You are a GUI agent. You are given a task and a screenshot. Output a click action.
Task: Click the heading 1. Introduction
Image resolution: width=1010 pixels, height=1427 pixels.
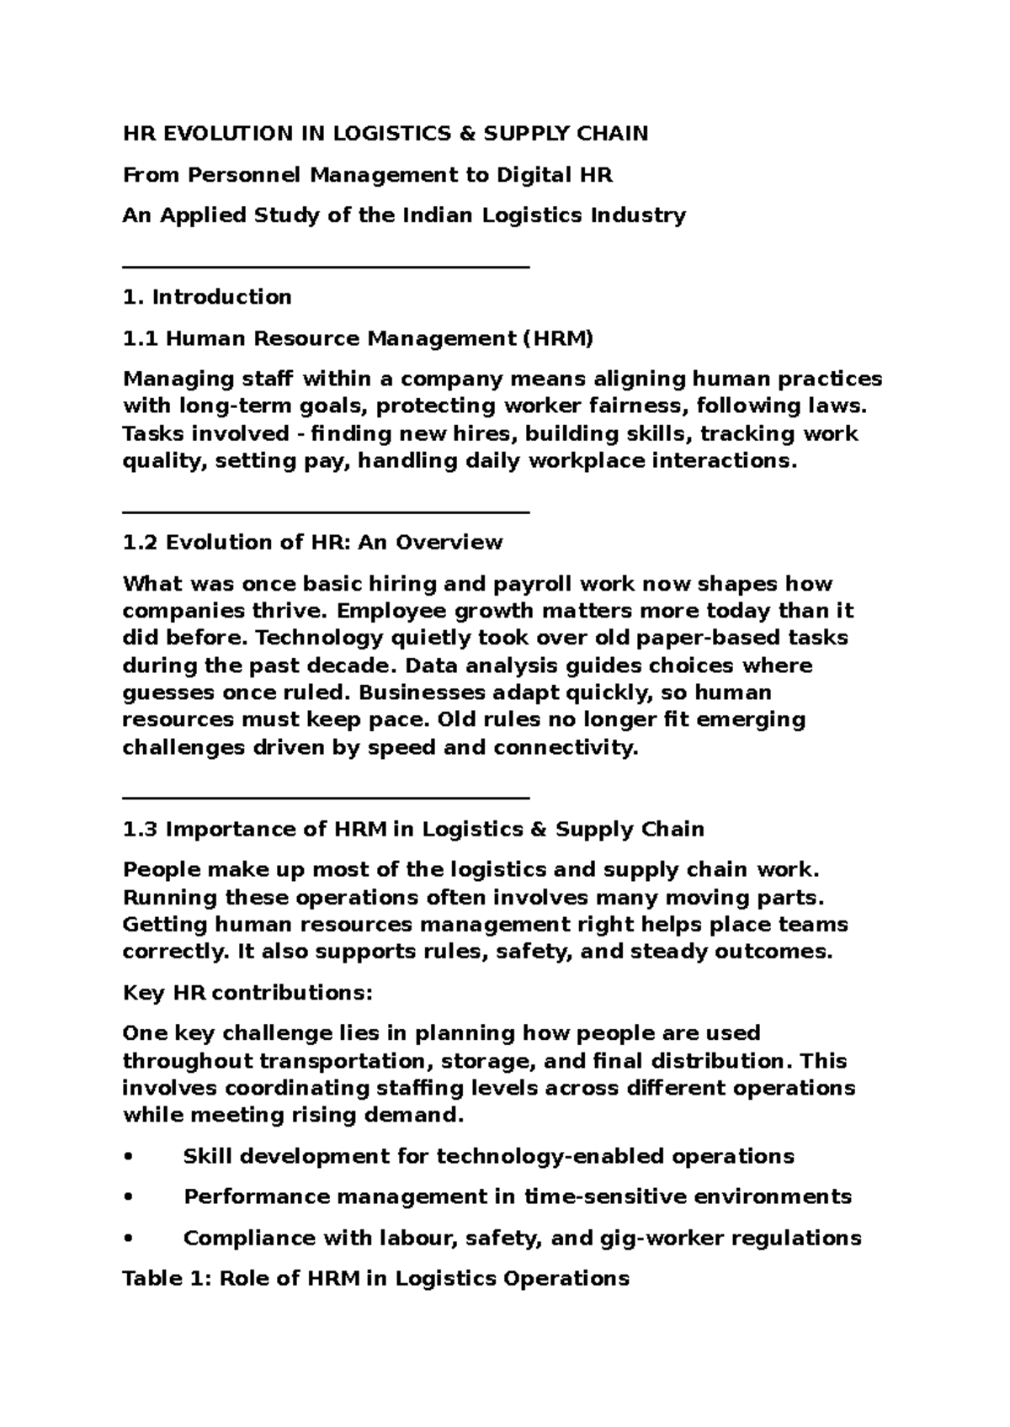point(207,297)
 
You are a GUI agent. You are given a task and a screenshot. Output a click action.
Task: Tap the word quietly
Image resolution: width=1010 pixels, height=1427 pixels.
point(436,638)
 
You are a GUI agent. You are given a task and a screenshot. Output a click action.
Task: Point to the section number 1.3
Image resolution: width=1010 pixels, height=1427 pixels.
point(140,830)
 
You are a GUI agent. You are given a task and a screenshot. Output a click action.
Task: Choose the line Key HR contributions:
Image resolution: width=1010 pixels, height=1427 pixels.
point(247,993)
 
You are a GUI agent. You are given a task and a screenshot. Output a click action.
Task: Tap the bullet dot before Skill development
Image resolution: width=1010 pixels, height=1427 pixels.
point(128,1157)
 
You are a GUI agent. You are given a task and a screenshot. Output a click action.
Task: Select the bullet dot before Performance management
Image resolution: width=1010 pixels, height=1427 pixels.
point(128,1197)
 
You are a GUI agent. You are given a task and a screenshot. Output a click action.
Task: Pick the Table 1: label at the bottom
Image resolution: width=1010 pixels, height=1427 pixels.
point(166,1279)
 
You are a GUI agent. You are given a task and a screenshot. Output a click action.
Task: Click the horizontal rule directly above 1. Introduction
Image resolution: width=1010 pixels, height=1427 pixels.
point(326,267)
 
